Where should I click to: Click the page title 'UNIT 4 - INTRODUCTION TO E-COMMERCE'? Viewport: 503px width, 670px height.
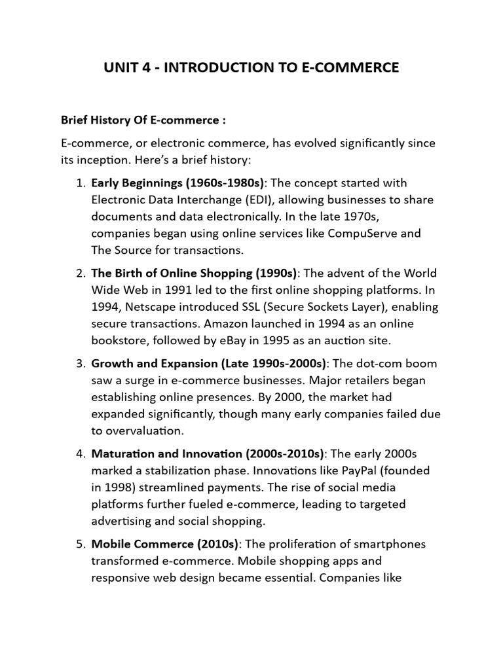(x=251, y=67)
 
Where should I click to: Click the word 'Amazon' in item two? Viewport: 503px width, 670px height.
(x=269, y=324)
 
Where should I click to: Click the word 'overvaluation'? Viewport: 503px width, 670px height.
(x=136, y=431)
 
